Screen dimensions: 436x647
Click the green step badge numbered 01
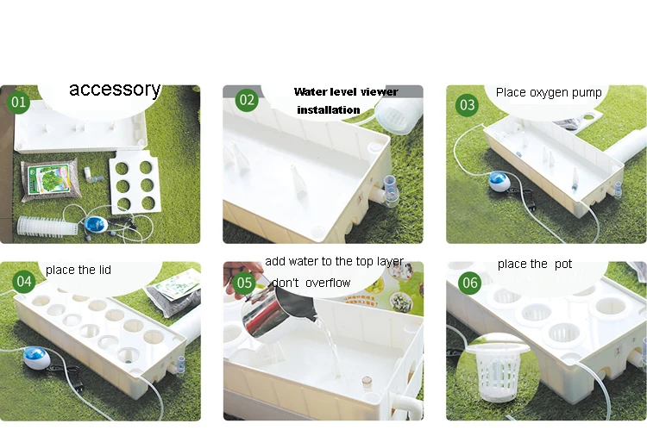point(18,103)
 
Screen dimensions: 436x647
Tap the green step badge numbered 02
point(248,100)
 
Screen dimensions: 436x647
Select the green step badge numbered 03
point(467,105)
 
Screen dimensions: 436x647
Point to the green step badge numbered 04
point(23,281)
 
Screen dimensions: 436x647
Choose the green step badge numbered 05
point(245,282)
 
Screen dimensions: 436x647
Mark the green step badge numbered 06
point(469,283)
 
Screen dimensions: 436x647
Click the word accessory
point(115,89)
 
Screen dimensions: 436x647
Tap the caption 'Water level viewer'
point(345,92)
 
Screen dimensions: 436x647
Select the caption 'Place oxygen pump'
point(549,92)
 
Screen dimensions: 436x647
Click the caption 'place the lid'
point(78,270)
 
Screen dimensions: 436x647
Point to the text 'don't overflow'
point(311,283)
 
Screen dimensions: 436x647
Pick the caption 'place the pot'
point(534,264)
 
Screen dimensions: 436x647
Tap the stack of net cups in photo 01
point(47,227)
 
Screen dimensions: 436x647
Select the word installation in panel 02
point(329,110)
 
